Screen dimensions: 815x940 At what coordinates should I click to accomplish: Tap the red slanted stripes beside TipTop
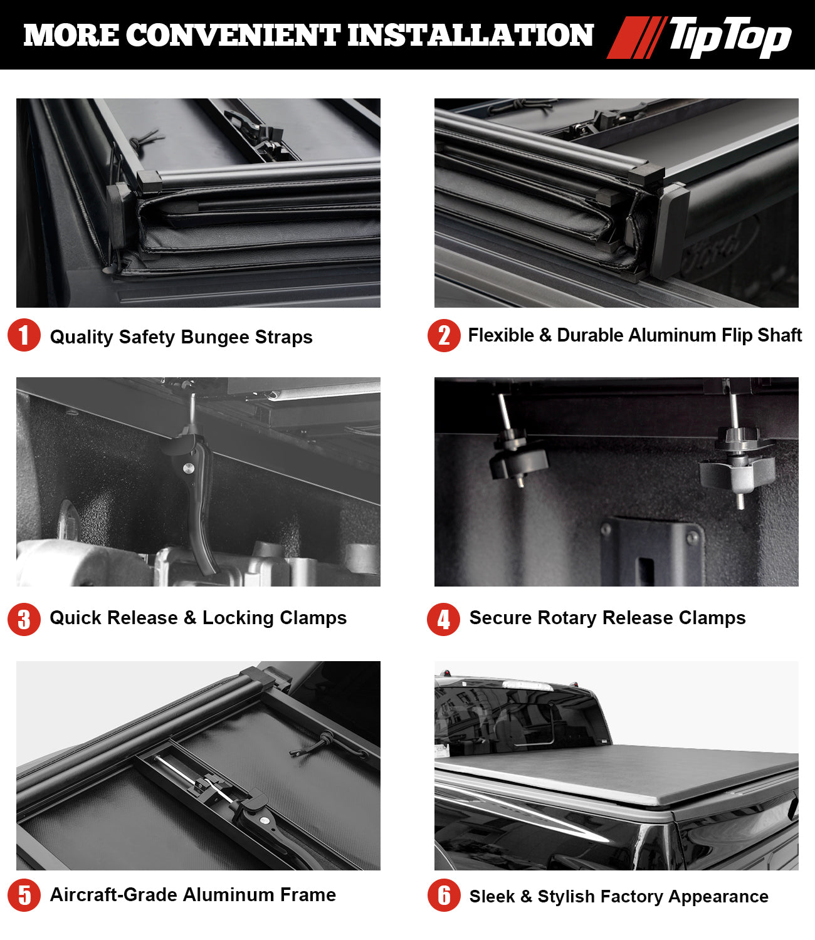pos(636,38)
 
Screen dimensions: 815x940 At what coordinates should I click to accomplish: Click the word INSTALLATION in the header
pos(471,35)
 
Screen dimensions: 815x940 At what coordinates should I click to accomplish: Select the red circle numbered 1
pos(24,335)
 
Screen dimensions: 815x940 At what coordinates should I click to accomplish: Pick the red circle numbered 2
pos(444,336)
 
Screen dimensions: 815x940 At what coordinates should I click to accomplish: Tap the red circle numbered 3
pos(24,619)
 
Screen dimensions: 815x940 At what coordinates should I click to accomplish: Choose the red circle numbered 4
pos(444,619)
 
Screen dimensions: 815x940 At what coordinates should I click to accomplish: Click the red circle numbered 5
pos(24,895)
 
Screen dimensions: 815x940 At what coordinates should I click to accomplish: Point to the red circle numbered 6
pos(444,895)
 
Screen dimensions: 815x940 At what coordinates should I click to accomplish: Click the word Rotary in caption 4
pos(567,618)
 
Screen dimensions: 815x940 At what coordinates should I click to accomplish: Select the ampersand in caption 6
pos(526,896)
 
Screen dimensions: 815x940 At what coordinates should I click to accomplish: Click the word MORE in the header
pos(71,35)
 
